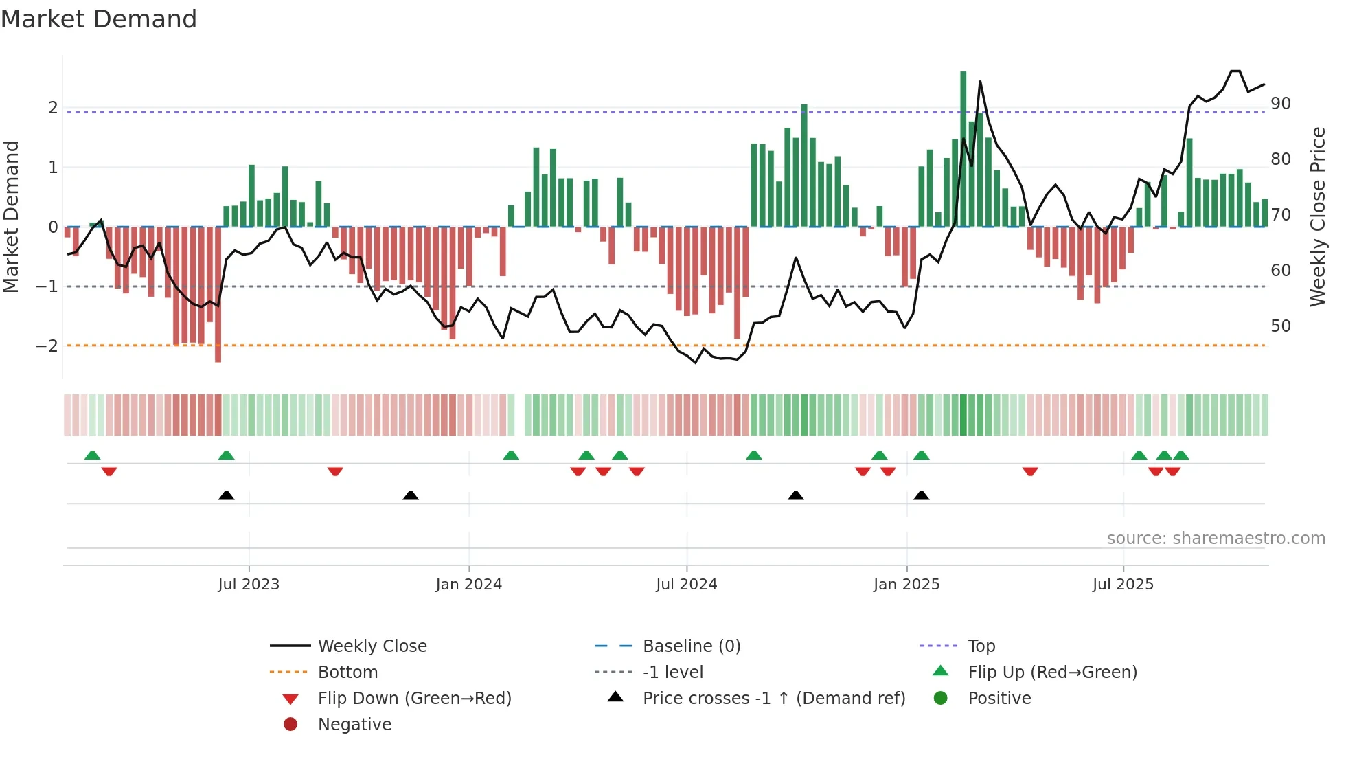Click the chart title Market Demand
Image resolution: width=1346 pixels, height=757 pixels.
(99, 19)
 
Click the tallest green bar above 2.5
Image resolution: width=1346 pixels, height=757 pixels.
(963, 148)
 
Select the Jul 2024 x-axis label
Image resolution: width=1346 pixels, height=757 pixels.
(686, 585)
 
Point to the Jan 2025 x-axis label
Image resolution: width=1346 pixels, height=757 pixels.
(906, 585)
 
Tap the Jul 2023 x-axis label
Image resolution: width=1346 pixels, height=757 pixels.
(249, 585)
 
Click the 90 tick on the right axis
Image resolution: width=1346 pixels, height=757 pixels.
(1280, 104)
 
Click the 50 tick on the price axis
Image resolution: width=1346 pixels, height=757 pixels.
(1280, 326)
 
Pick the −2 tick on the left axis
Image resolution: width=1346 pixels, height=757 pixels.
(47, 346)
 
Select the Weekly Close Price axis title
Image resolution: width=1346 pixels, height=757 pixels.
(1317, 216)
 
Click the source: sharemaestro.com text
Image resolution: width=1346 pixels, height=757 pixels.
(1216, 538)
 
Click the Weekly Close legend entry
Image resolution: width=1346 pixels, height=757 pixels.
(372, 646)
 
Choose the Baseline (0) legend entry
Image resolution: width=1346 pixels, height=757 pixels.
(691, 646)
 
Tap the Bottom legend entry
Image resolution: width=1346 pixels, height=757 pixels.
(347, 672)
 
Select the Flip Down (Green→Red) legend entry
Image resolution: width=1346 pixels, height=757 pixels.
(414, 698)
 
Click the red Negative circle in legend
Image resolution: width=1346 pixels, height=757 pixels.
(290, 724)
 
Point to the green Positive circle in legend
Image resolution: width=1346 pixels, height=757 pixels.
(941, 698)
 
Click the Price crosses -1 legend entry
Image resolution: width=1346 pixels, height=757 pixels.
(773, 698)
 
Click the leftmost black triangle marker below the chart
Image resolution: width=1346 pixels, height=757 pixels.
(226, 495)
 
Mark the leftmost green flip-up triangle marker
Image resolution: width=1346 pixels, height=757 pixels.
(92, 455)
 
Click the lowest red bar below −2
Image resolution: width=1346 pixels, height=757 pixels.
(218, 295)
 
